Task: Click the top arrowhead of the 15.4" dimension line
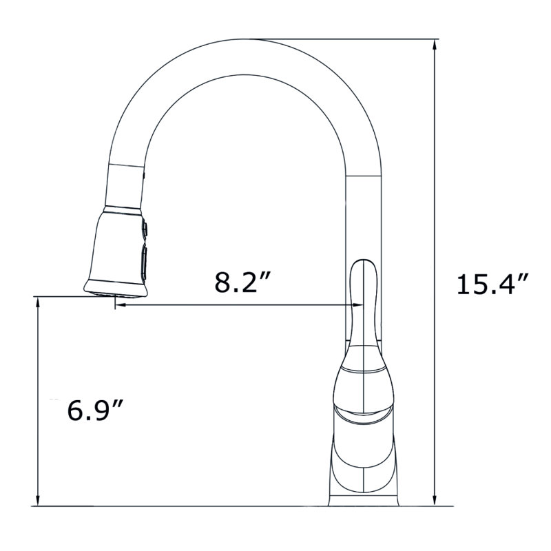435,45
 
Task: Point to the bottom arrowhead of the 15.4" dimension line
435,500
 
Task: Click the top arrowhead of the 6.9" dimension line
37,302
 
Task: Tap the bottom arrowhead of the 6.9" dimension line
37,500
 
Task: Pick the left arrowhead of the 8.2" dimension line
121,305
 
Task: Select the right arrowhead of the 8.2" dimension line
357,305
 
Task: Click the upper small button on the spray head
145,229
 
